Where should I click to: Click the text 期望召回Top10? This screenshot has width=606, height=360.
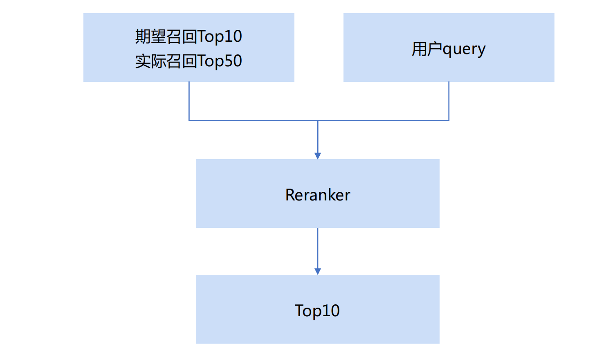coord(189,36)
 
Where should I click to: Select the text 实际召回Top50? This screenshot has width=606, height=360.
coord(189,61)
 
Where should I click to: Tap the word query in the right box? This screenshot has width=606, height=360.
coord(464,50)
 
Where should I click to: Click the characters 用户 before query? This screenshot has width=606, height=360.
coord(427,49)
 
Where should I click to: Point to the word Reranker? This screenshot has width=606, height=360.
coord(318,195)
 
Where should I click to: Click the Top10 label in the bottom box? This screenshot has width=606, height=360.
coord(317,311)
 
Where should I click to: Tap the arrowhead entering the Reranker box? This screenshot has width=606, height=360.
coord(318,155)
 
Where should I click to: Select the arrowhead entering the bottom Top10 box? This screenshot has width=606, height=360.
coord(318,272)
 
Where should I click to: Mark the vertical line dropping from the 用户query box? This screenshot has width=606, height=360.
coord(449,101)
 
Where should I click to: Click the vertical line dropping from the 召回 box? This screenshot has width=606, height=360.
coord(189,101)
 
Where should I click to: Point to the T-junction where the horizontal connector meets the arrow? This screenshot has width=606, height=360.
coord(318,120)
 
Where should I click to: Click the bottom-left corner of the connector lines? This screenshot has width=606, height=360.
coord(189,120)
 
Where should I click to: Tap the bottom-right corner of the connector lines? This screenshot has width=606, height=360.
coord(449,120)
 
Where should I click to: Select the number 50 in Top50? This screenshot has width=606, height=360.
coord(233,61)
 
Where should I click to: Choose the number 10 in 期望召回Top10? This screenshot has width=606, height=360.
coord(233,36)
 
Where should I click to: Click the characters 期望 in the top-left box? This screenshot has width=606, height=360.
coord(150,36)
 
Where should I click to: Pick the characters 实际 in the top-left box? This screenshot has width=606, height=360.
coord(150,61)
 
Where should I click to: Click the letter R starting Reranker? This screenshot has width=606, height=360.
coord(290,195)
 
